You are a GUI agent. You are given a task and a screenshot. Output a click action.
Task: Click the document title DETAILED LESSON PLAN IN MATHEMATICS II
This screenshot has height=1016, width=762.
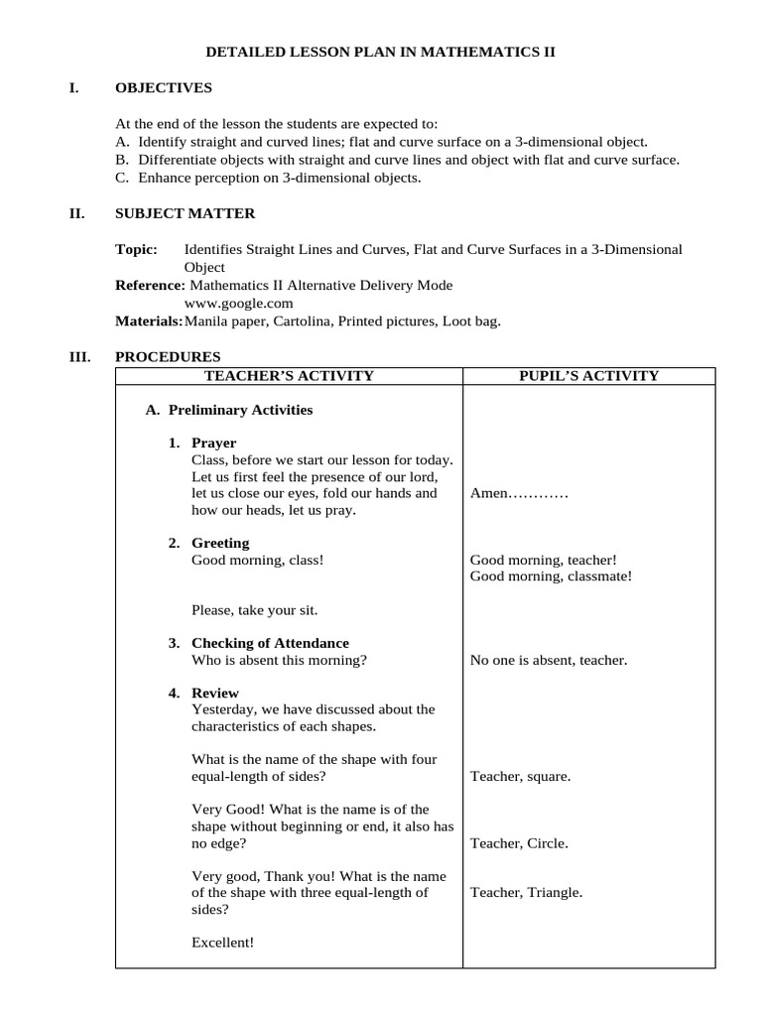[x=380, y=51]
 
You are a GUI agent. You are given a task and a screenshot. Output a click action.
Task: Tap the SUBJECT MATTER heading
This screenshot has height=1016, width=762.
[x=185, y=213]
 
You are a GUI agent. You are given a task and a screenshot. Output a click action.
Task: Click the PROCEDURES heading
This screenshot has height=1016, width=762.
[x=168, y=357]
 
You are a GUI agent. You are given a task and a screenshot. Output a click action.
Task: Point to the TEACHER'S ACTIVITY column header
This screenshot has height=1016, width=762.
[x=289, y=375]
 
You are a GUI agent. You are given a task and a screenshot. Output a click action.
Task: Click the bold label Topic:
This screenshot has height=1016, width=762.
[x=137, y=249]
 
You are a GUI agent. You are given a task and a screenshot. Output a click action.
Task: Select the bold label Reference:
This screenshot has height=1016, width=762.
[x=150, y=285]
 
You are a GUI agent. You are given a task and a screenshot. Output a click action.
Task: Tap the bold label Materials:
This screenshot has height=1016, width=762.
[x=149, y=320]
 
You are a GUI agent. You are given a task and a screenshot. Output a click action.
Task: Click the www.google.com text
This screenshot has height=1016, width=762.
[x=238, y=303]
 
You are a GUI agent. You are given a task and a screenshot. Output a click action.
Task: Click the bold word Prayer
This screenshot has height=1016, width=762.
[x=213, y=443]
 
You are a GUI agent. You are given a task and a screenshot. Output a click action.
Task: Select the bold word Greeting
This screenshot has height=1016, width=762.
[x=220, y=543]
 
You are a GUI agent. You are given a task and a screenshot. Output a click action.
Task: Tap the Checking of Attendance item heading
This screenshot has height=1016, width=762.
[x=270, y=643]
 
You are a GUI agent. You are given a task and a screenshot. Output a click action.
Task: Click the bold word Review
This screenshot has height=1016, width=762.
[x=214, y=693]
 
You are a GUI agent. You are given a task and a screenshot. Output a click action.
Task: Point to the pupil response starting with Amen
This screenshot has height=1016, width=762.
[x=519, y=493]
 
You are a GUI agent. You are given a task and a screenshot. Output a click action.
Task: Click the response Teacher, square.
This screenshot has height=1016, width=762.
[x=520, y=777]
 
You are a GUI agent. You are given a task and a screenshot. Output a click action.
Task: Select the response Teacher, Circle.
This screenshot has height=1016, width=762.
[x=519, y=843]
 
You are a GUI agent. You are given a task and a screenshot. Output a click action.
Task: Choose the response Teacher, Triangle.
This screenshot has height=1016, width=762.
[x=526, y=892]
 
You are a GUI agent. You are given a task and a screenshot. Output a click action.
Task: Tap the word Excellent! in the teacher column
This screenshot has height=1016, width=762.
[x=222, y=943]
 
